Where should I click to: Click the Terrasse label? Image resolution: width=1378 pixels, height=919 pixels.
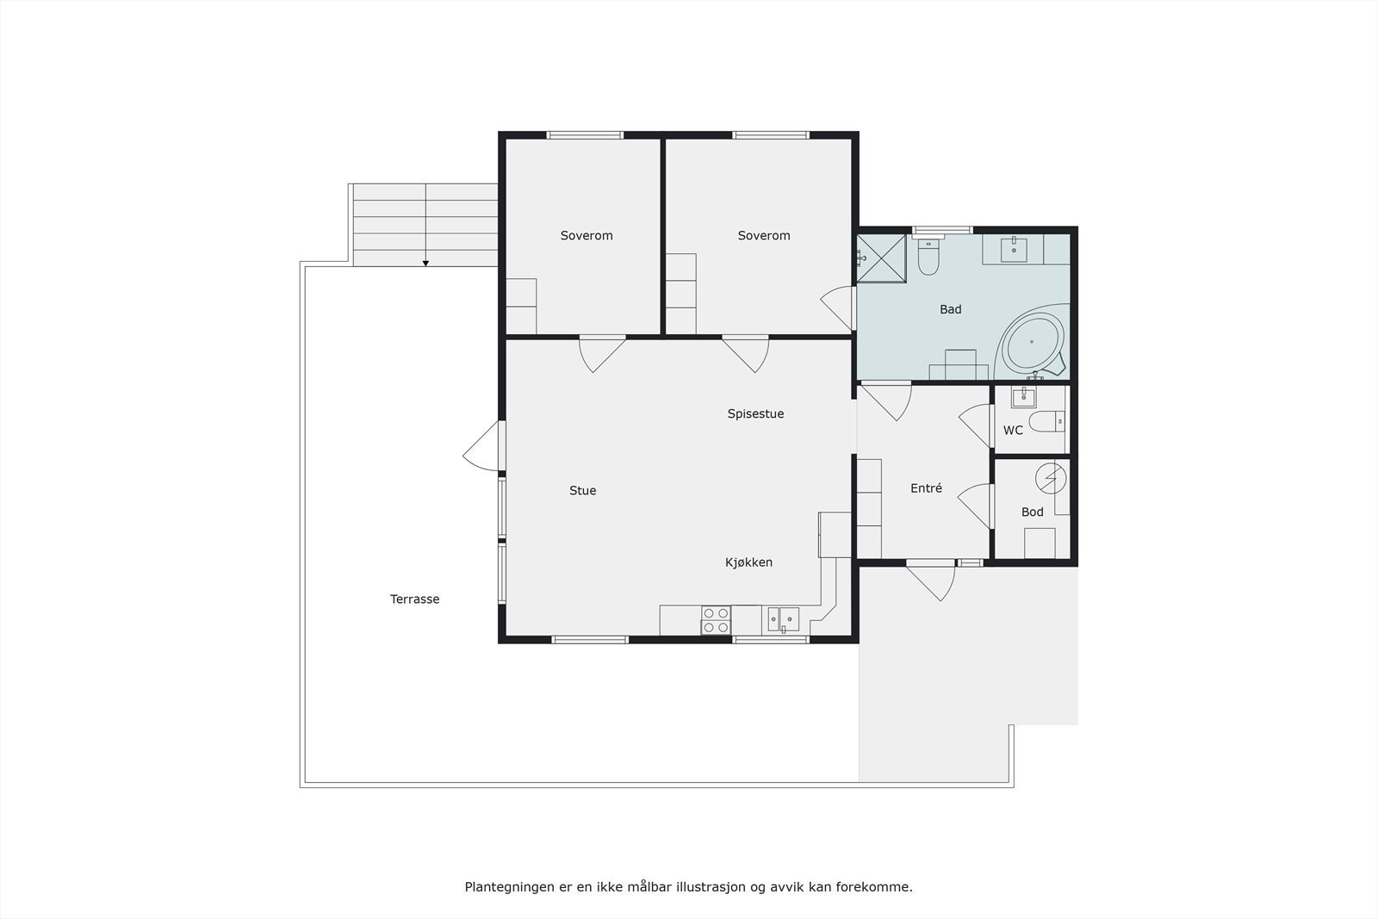pyautogui.click(x=414, y=599)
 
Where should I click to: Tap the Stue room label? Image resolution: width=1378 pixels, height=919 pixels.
pyautogui.click(x=582, y=491)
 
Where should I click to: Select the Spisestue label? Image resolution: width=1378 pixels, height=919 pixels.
pyautogui.click(x=755, y=414)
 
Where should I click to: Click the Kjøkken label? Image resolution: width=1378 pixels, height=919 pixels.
pyautogui.click(x=748, y=562)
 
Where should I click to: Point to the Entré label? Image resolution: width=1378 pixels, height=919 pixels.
pyautogui.click(x=926, y=488)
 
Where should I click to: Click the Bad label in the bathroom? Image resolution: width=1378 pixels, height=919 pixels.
pyautogui.click(x=950, y=309)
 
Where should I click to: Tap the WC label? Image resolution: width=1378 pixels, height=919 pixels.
pyautogui.click(x=1013, y=430)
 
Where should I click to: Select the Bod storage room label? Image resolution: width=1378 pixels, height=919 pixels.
pyautogui.click(x=1032, y=512)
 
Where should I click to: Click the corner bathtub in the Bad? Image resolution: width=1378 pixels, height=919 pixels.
pyautogui.click(x=1033, y=343)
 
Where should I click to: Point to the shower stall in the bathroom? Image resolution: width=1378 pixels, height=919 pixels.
pyautogui.click(x=882, y=258)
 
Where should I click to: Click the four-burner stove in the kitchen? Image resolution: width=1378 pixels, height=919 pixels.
pyautogui.click(x=717, y=620)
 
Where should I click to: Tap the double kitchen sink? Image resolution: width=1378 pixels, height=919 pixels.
pyautogui.click(x=783, y=618)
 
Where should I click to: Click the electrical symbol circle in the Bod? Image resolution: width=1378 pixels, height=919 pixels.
pyautogui.click(x=1050, y=476)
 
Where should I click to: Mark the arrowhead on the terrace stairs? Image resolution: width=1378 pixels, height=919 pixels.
pyautogui.click(x=425, y=263)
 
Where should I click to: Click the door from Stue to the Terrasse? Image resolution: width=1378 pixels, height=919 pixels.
pyautogui.click(x=485, y=447)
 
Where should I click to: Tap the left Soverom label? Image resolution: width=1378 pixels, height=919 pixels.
pyautogui.click(x=586, y=236)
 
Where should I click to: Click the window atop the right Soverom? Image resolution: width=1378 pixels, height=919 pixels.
pyautogui.click(x=771, y=135)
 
